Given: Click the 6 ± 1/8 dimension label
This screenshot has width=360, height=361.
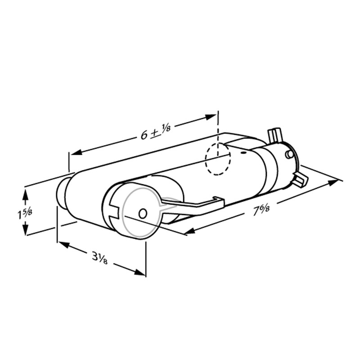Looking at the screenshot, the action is [156, 132].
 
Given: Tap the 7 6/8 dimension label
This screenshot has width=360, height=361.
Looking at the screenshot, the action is [261, 210].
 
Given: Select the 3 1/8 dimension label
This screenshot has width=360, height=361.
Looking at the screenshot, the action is [99, 258].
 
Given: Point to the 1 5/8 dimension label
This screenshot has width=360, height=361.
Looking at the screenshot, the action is [25, 214].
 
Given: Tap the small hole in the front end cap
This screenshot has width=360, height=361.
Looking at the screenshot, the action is [143, 214].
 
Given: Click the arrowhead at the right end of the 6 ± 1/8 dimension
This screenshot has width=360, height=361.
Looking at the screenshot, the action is [211, 117].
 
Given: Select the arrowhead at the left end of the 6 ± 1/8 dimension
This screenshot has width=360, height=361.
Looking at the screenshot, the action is [76, 152].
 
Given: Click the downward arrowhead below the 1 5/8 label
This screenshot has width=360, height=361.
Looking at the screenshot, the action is [25, 229].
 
